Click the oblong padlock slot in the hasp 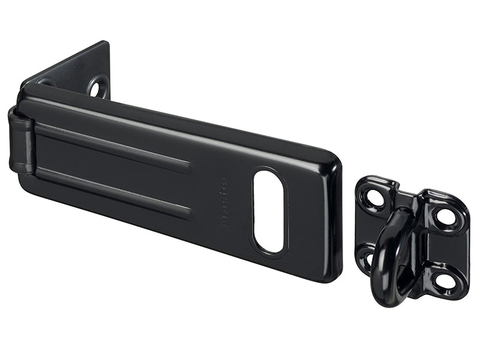[268, 211]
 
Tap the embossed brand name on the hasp [224, 201]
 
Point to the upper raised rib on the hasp [114, 144]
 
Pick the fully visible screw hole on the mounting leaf [96, 88]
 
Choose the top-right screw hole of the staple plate [445, 217]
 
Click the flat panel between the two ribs [114, 168]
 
